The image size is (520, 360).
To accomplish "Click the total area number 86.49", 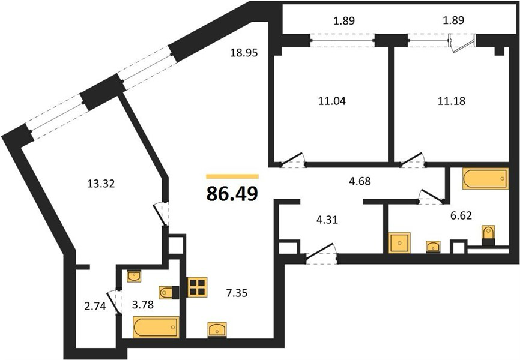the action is tap(232, 194).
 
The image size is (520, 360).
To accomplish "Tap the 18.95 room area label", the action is tap(244, 53).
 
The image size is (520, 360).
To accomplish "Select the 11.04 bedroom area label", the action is tap(332, 101).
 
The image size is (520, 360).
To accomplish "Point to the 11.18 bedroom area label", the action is tap(452, 101).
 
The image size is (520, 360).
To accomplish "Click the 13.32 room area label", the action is tap(101, 184).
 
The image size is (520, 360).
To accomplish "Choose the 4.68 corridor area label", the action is tap(360, 181).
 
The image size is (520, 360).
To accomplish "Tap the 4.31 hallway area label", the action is tap(327, 220).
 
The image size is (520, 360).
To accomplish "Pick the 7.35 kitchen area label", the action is tap(237, 293).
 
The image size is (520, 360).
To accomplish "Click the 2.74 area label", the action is tap(95, 307).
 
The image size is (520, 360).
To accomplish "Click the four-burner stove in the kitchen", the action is tap(197, 287).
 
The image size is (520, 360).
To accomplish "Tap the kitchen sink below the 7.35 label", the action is tap(217, 329).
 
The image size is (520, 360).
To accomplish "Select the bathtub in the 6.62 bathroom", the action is tap(486, 179).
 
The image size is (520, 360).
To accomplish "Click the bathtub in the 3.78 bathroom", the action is tap(156, 327).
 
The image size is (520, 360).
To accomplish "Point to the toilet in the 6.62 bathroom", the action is tap(488, 235).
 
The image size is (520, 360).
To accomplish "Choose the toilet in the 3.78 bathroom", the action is tap(169, 293).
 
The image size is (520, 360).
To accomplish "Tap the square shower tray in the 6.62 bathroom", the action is tap(399, 243).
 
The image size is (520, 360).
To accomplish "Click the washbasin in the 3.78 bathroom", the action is tap(135, 277).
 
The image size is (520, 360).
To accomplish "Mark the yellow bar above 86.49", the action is tap(232, 176).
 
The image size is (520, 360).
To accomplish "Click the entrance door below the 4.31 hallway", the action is tap(321, 254).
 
